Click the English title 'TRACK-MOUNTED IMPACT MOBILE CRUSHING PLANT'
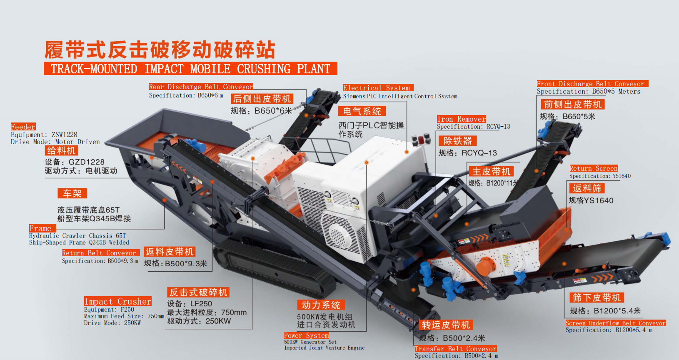(x=190, y=69)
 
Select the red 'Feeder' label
(x=23, y=127)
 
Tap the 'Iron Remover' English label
(x=461, y=119)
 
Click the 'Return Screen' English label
(x=594, y=168)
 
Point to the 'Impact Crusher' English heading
(x=118, y=301)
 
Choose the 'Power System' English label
(x=306, y=335)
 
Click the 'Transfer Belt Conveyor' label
(x=455, y=349)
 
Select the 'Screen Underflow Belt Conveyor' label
(x=615, y=323)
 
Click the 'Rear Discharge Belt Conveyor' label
(x=201, y=87)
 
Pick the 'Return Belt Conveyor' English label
(x=99, y=253)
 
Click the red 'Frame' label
(x=40, y=228)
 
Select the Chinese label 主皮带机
(x=491, y=172)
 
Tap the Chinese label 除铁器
(x=457, y=141)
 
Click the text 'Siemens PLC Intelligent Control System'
(x=400, y=96)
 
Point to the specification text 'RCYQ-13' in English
(x=498, y=127)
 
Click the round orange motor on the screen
(x=485, y=266)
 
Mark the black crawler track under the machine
(x=275, y=267)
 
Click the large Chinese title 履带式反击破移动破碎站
(x=160, y=50)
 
